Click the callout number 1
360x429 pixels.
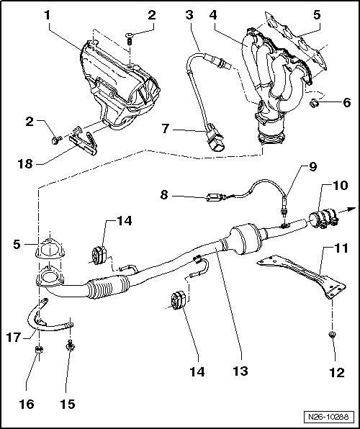point(48,15)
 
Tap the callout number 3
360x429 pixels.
point(189,15)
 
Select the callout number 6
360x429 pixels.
point(346,103)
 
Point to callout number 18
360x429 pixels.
point(25,164)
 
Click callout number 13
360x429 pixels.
point(240,371)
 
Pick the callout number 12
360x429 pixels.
point(337,372)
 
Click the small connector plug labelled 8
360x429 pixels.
point(215,197)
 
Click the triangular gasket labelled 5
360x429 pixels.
point(50,248)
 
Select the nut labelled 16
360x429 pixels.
point(39,349)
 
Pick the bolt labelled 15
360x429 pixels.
point(70,346)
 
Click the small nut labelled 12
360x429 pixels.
point(332,334)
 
